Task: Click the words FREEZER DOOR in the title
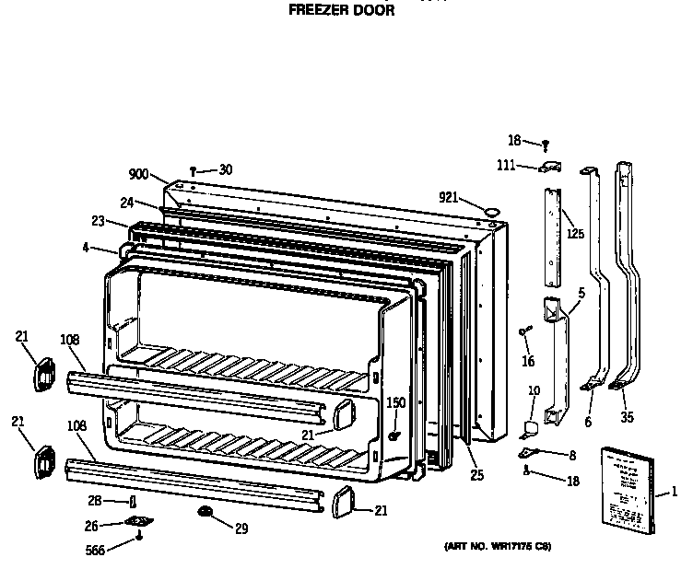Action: coord(342,12)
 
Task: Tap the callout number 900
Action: coord(138,175)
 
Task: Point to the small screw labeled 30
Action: coord(194,170)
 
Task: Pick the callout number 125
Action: coord(575,234)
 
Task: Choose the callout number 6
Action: coord(588,422)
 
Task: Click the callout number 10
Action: coord(534,392)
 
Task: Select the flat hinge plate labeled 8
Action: coord(532,452)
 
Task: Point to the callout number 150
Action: coord(395,402)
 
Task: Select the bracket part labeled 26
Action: coord(139,524)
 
